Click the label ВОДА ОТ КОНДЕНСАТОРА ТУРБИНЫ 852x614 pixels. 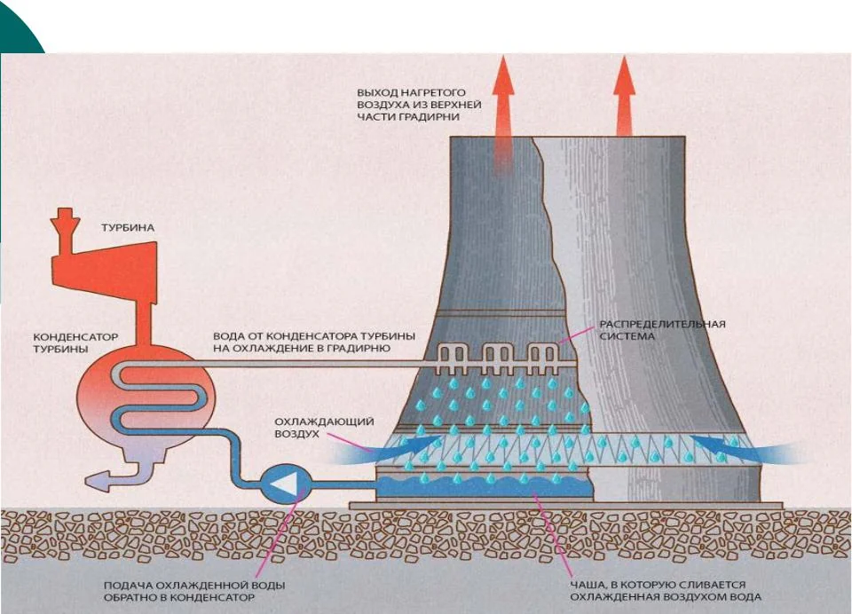click(x=302, y=342)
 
